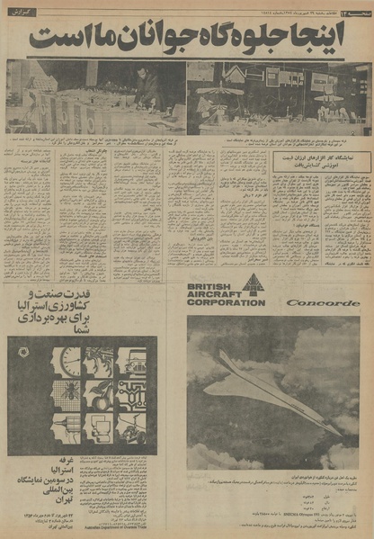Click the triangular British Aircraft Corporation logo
[253, 287]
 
